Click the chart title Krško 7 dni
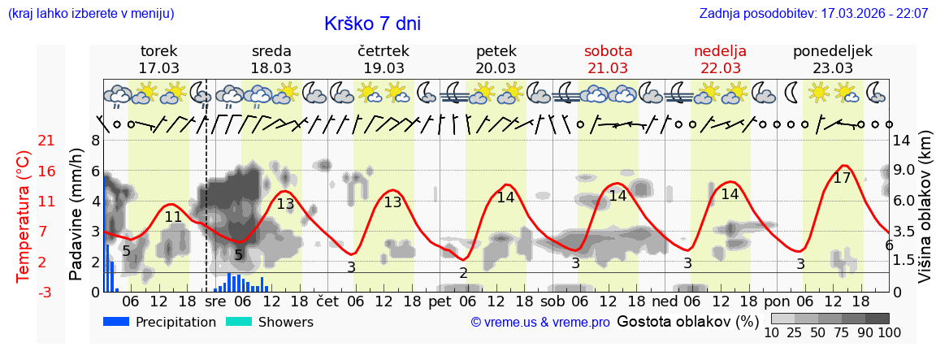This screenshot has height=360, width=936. pos(372,24)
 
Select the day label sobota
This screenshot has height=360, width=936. pos(608,51)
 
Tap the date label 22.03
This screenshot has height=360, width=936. pos(720,68)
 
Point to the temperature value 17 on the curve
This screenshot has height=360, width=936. pos(843,178)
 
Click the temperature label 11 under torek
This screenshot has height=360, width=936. pos(173,217)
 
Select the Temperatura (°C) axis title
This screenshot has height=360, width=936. pos(24,216)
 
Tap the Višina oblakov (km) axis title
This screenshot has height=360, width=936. pos(925,216)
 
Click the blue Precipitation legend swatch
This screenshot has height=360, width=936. pos(117,322)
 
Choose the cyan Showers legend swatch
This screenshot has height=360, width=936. pos(240,322)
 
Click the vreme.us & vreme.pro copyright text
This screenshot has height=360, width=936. pos(539,323)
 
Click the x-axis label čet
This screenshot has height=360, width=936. pos(327,301)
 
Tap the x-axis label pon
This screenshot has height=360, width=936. pos(777,301)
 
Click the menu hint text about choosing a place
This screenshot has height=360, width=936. pos(91,14)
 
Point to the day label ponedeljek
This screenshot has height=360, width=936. pos(832,51)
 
